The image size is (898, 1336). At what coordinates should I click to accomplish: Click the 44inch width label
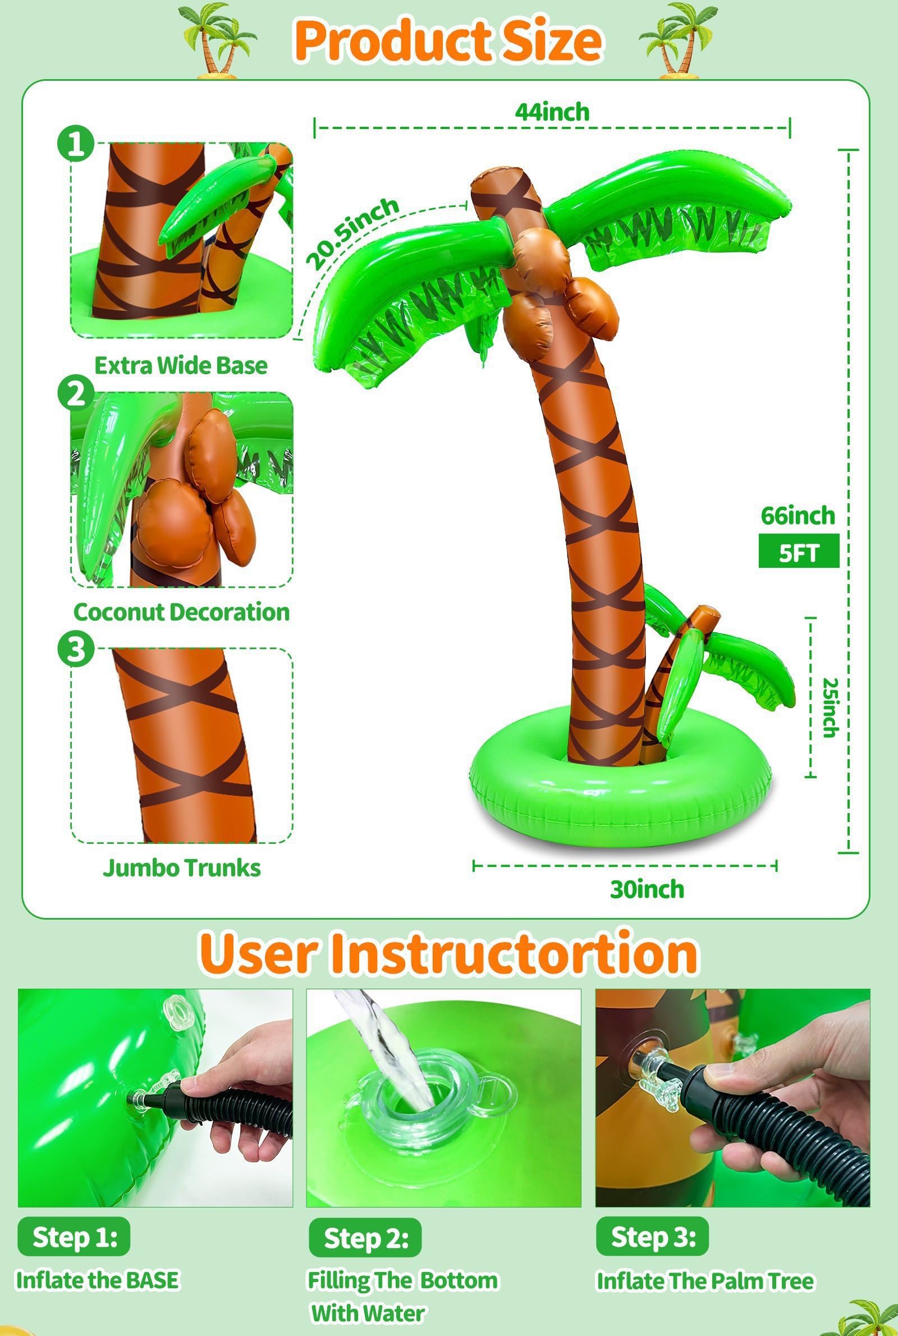tap(552, 112)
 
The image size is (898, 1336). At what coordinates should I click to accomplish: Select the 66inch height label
tap(798, 516)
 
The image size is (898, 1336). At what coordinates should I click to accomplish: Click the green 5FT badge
tap(798, 550)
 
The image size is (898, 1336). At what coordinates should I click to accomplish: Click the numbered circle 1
tap(76, 143)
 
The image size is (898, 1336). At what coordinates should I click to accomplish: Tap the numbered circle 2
tap(76, 393)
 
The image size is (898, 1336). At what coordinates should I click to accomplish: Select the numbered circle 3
tap(76, 649)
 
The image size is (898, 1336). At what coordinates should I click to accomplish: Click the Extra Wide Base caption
tap(181, 365)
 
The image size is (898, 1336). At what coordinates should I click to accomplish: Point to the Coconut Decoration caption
tap(181, 612)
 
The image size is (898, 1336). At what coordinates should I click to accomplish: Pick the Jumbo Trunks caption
tap(181, 868)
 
